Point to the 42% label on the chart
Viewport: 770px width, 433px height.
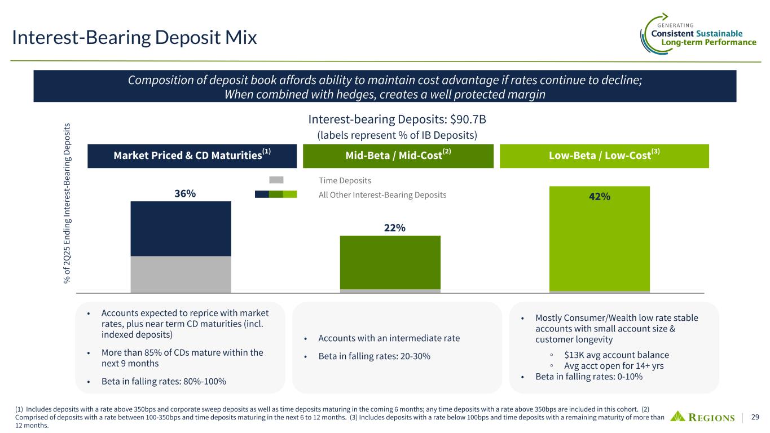click(x=599, y=197)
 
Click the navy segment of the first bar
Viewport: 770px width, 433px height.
click(x=181, y=228)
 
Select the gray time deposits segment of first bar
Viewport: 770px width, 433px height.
click(x=181, y=275)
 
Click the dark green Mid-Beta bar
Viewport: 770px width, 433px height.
click(x=390, y=262)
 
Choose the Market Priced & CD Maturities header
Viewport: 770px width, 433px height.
click(x=192, y=156)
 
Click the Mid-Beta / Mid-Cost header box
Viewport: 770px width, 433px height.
click(x=398, y=156)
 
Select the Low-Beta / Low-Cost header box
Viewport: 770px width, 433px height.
click(x=604, y=156)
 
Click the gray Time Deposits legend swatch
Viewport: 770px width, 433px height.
click(x=276, y=180)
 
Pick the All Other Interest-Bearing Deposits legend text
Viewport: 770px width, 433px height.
click(x=382, y=195)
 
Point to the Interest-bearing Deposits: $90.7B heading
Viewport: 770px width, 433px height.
click(x=393, y=120)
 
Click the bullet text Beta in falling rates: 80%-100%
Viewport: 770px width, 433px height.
click(x=164, y=382)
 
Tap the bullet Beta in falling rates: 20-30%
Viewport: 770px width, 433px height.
click(x=374, y=356)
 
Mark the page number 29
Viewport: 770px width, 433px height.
click(x=755, y=417)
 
